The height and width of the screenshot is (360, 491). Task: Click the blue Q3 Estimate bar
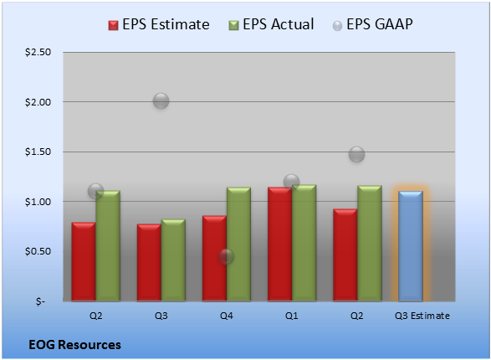(x=411, y=246)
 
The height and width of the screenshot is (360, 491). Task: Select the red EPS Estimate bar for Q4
(x=214, y=259)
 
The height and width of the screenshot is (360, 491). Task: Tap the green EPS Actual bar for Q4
(x=238, y=244)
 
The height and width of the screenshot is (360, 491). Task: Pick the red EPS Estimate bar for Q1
(x=280, y=244)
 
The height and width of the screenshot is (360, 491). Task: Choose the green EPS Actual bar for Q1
(x=304, y=243)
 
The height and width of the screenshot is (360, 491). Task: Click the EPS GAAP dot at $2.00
(x=161, y=101)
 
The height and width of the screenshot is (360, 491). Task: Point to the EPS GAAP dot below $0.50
(x=226, y=257)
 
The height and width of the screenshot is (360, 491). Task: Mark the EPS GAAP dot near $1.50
(x=356, y=154)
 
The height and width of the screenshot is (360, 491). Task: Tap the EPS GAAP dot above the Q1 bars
(x=292, y=182)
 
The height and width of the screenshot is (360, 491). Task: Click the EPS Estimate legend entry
(x=159, y=24)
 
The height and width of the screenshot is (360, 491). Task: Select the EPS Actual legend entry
(x=271, y=24)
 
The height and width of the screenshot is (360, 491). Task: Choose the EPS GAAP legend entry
(x=372, y=24)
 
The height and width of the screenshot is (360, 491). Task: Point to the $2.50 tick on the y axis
(x=38, y=52)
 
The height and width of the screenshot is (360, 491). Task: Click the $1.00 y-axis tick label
(x=38, y=202)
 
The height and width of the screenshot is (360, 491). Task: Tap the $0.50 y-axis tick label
(x=38, y=251)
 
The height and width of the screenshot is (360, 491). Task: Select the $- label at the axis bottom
(x=40, y=301)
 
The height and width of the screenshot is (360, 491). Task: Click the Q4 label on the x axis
(x=227, y=316)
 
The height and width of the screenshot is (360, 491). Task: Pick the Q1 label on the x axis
(x=292, y=316)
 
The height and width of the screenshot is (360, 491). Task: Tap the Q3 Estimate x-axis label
(x=422, y=316)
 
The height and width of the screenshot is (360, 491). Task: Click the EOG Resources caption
(x=74, y=345)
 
